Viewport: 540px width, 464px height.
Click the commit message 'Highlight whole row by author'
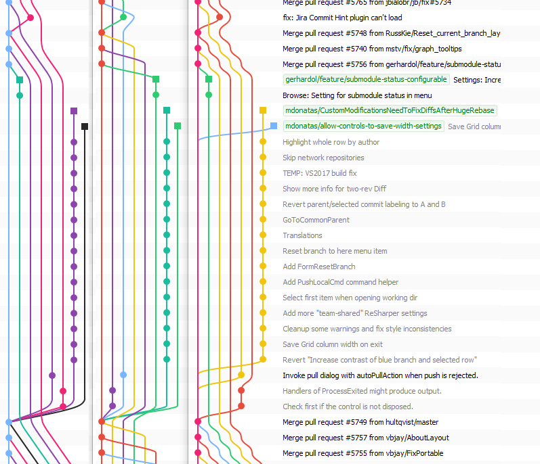(x=331, y=142)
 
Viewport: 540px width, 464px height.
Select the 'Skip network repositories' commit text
(x=323, y=158)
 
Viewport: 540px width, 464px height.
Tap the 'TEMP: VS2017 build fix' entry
(x=319, y=173)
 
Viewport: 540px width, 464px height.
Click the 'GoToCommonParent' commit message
(x=316, y=220)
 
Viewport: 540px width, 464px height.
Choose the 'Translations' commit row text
(x=302, y=235)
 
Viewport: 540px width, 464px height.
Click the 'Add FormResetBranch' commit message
(x=318, y=266)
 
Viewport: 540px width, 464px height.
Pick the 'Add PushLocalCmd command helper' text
(x=340, y=282)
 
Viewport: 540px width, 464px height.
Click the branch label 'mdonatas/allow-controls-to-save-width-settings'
(x=363, y=126)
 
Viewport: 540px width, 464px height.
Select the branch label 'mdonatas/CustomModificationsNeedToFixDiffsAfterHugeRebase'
(x=390, y=110)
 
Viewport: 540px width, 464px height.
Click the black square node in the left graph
(x=85, y=126)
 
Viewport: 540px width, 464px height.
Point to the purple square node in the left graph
(x=74, y=110)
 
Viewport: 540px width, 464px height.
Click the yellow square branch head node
(x=263, y=110)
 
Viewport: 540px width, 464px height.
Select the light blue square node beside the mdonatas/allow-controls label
(x=273, y=126)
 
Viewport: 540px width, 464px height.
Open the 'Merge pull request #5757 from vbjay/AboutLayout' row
(x=365, y=438)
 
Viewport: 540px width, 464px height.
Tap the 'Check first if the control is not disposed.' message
(x=348, y=407)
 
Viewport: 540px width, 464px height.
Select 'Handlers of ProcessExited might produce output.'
(x=362, y=391)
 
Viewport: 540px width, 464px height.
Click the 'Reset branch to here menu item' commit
(x=335, y=251)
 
